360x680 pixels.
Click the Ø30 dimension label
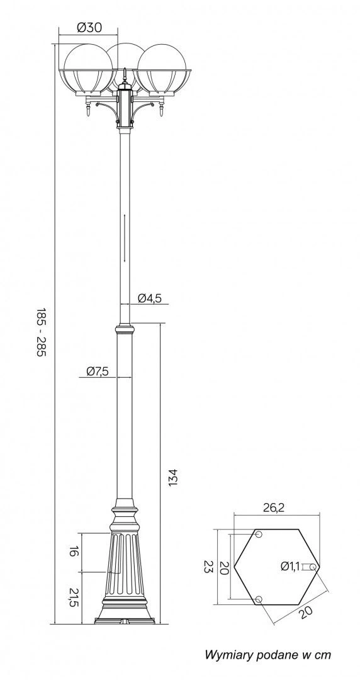click(89, 28)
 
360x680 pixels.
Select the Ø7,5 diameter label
click(97, 371)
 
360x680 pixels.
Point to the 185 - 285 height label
click(40, 332)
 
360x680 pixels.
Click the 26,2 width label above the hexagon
click(274, 508)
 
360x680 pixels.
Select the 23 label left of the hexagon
click(208, 567)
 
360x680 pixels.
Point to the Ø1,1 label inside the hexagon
click(290, 566)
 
